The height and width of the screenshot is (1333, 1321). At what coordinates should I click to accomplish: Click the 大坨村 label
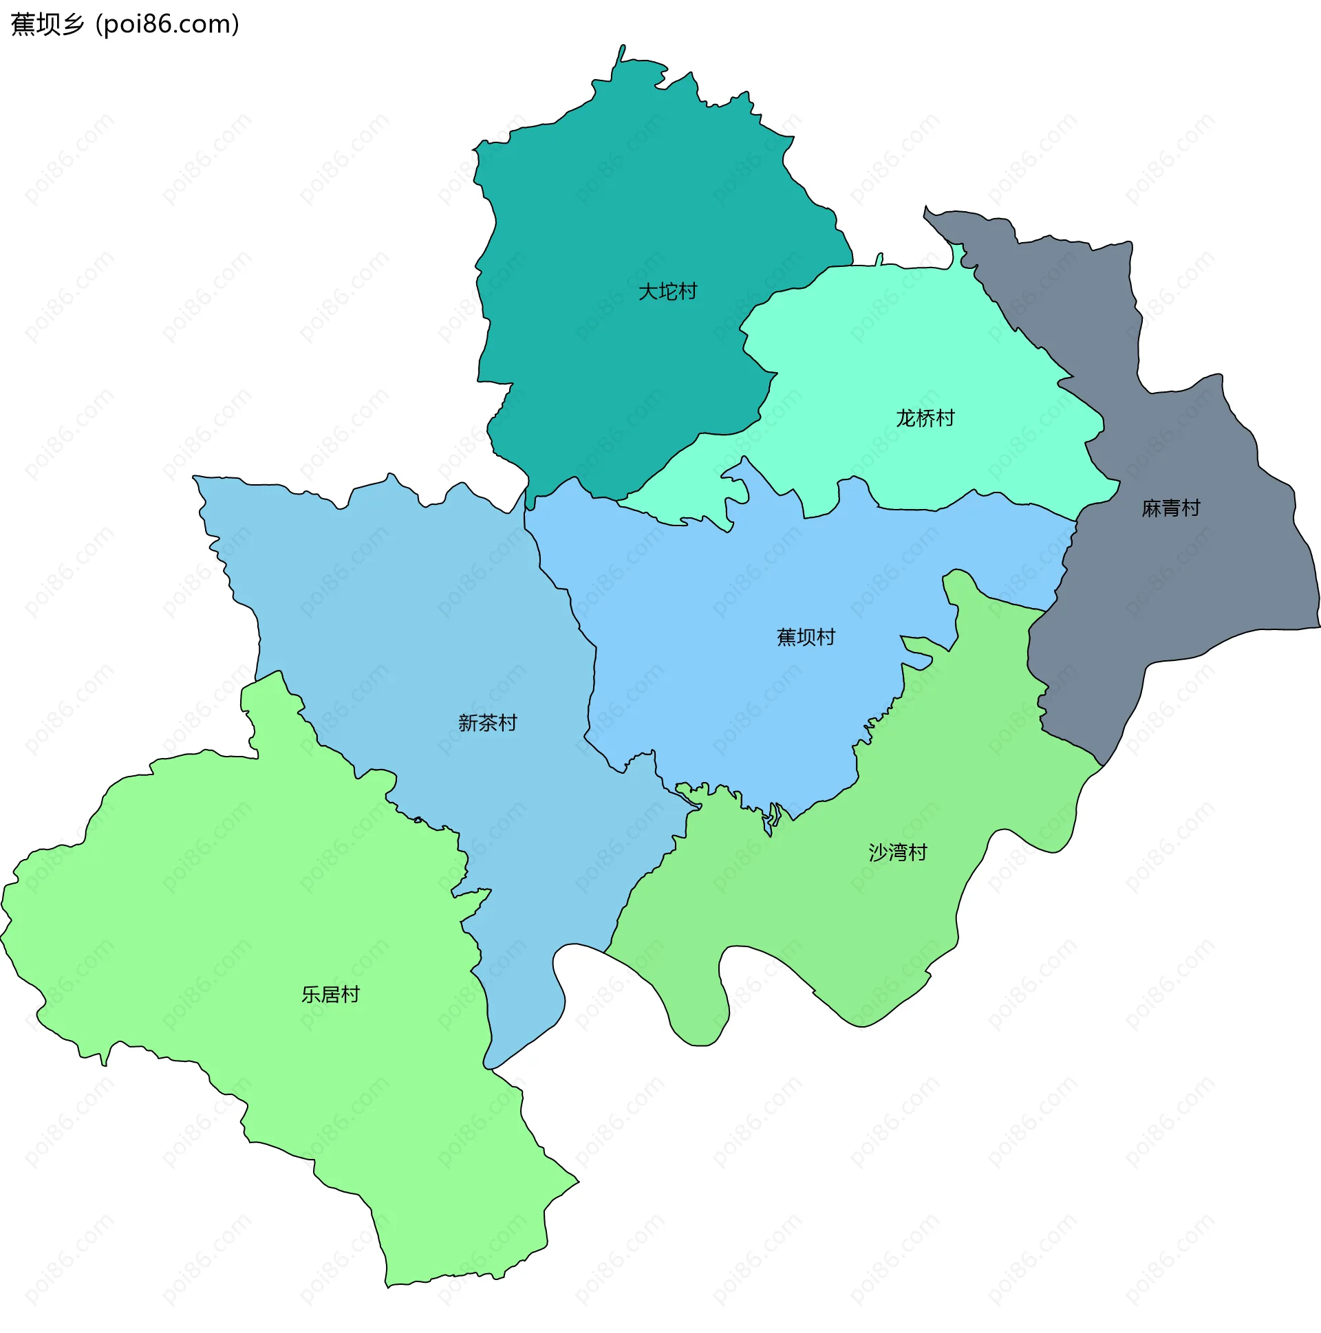tap(667, 291)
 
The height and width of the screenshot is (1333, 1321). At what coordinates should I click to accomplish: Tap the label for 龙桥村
tap(924, 418)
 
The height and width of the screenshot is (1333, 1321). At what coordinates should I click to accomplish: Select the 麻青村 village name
tap(1170, 508)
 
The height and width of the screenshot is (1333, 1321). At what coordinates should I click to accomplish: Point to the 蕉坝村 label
tap(806, 637)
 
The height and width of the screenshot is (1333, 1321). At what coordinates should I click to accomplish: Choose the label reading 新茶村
tap(487, 723)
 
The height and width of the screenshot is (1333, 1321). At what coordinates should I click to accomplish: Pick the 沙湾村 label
tap(897, 853)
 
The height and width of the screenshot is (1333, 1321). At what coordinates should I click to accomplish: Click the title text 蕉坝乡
tap(47, 24)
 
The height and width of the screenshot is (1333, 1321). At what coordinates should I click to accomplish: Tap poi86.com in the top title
tap(168, 24)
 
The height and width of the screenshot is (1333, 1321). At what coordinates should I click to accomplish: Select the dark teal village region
tap(621, 207)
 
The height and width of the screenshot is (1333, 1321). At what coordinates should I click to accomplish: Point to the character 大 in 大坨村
tap(647, 291)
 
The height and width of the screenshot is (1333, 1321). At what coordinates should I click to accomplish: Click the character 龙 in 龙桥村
tap(905, 418)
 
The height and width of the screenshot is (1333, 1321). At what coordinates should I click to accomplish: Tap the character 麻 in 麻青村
tap(1151, 508)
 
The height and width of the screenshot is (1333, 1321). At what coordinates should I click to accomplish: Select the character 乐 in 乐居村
tap(310, 995)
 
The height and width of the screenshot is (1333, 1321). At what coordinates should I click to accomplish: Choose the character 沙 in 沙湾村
tap(878, 853)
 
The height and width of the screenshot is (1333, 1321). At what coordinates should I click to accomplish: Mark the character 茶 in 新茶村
tap(487, 723)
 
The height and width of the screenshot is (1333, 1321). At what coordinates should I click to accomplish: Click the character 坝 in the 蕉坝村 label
tap(806, 637)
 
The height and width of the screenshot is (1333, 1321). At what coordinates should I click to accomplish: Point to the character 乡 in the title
tap(72, 24)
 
